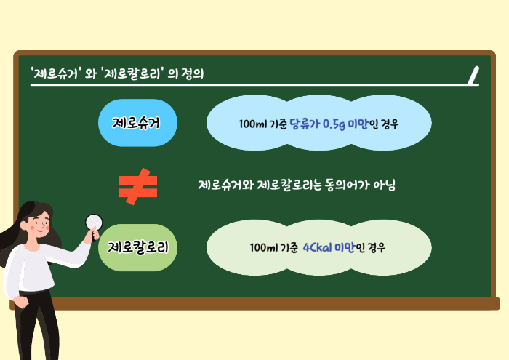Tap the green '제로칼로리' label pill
138,247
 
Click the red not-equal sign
138,185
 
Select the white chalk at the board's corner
474,74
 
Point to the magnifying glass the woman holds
94,223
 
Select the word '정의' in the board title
194,73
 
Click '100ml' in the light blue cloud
252,124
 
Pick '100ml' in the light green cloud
262,248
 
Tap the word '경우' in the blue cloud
389,124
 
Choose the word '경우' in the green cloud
376,248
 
